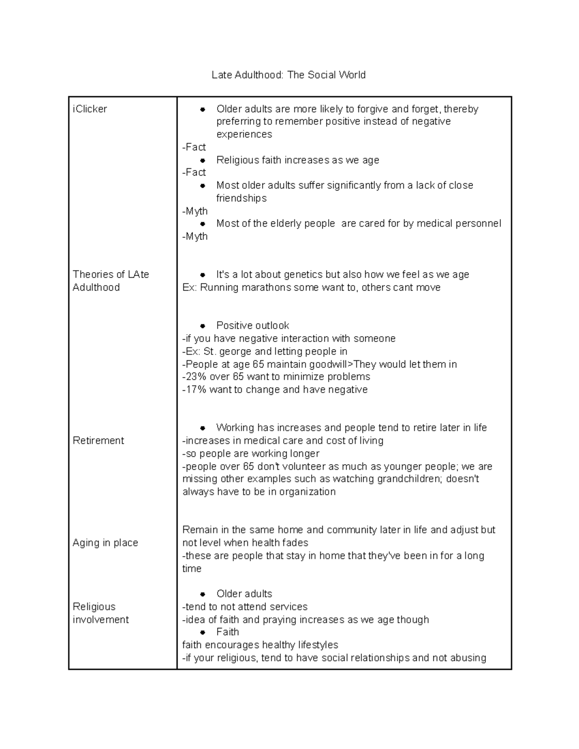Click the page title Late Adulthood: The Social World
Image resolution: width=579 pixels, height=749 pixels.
point(289,75)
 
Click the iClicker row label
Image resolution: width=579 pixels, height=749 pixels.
point(90,109)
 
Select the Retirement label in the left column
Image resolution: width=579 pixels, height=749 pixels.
point(98,440)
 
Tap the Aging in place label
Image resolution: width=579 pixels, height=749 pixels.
point(105,543)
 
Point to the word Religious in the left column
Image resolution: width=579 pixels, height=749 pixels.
point(94,607)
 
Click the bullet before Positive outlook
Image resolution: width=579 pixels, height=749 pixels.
point(203,326)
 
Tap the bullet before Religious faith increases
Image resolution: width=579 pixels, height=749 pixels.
point(203,160)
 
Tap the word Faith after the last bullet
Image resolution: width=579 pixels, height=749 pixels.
point(227,632)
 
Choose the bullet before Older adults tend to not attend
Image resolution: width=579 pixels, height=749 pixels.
point(203,594)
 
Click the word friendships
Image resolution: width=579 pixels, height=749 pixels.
point(241,198)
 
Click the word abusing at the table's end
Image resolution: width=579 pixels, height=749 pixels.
point(466,658)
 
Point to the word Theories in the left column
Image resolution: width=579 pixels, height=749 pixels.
point(93,274)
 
